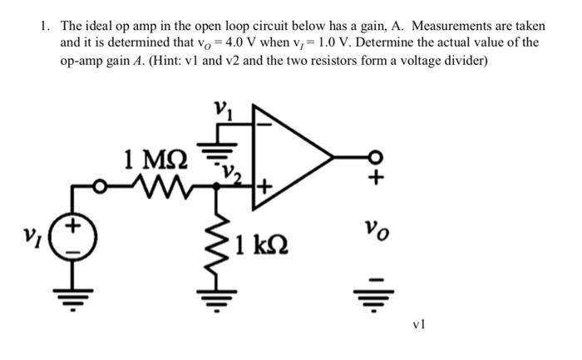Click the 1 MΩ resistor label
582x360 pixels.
[155, 155]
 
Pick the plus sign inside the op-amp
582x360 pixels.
[264, 185]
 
